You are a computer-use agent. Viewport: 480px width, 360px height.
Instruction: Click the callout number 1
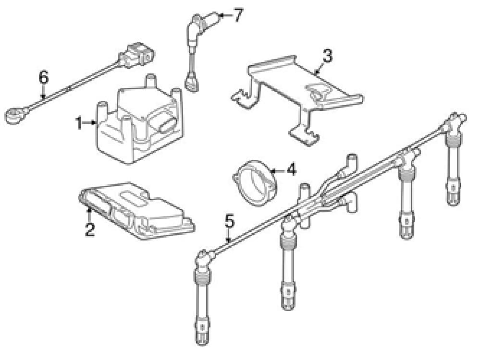(79, 124)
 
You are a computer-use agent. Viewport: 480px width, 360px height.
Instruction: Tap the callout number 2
(90, 228)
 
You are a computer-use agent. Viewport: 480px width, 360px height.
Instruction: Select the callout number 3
(327, 57)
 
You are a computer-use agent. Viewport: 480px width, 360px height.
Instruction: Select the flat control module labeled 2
(137, 211)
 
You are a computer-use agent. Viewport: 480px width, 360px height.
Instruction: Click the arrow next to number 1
(91, 123)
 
